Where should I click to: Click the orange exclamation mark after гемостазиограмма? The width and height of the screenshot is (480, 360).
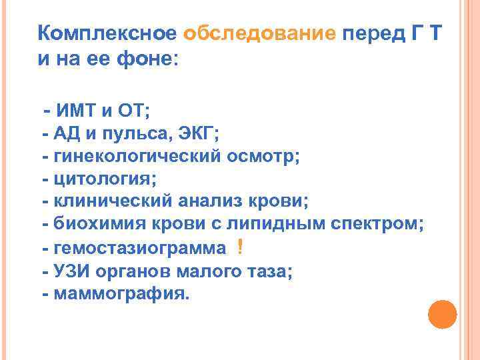pyautogui.click(x=239, y=248)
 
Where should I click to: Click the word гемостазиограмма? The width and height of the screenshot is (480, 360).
pyautogui.click(x=140, y=248)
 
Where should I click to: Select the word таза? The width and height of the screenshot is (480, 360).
pyautogui.click(x=267, y=271)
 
